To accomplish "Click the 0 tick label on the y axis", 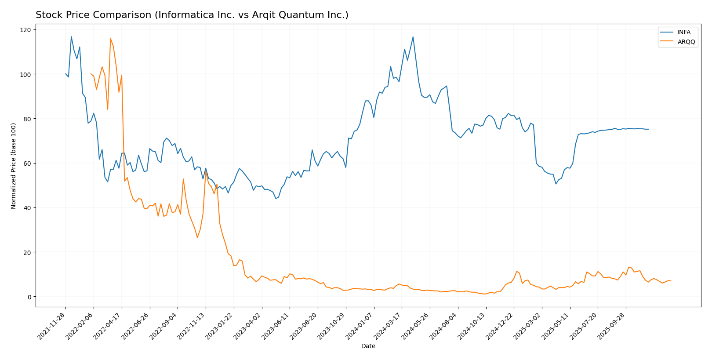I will pos(29,297).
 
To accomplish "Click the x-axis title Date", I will pos(368,346).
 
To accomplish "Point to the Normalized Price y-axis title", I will pos(14,166).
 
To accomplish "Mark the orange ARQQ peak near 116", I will pos(110,39).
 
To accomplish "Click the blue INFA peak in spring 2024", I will pos(413,37).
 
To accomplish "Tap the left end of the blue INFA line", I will pos(65,74).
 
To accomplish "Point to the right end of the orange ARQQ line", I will pos(671,281).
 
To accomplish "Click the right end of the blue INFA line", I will pos(648,129).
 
